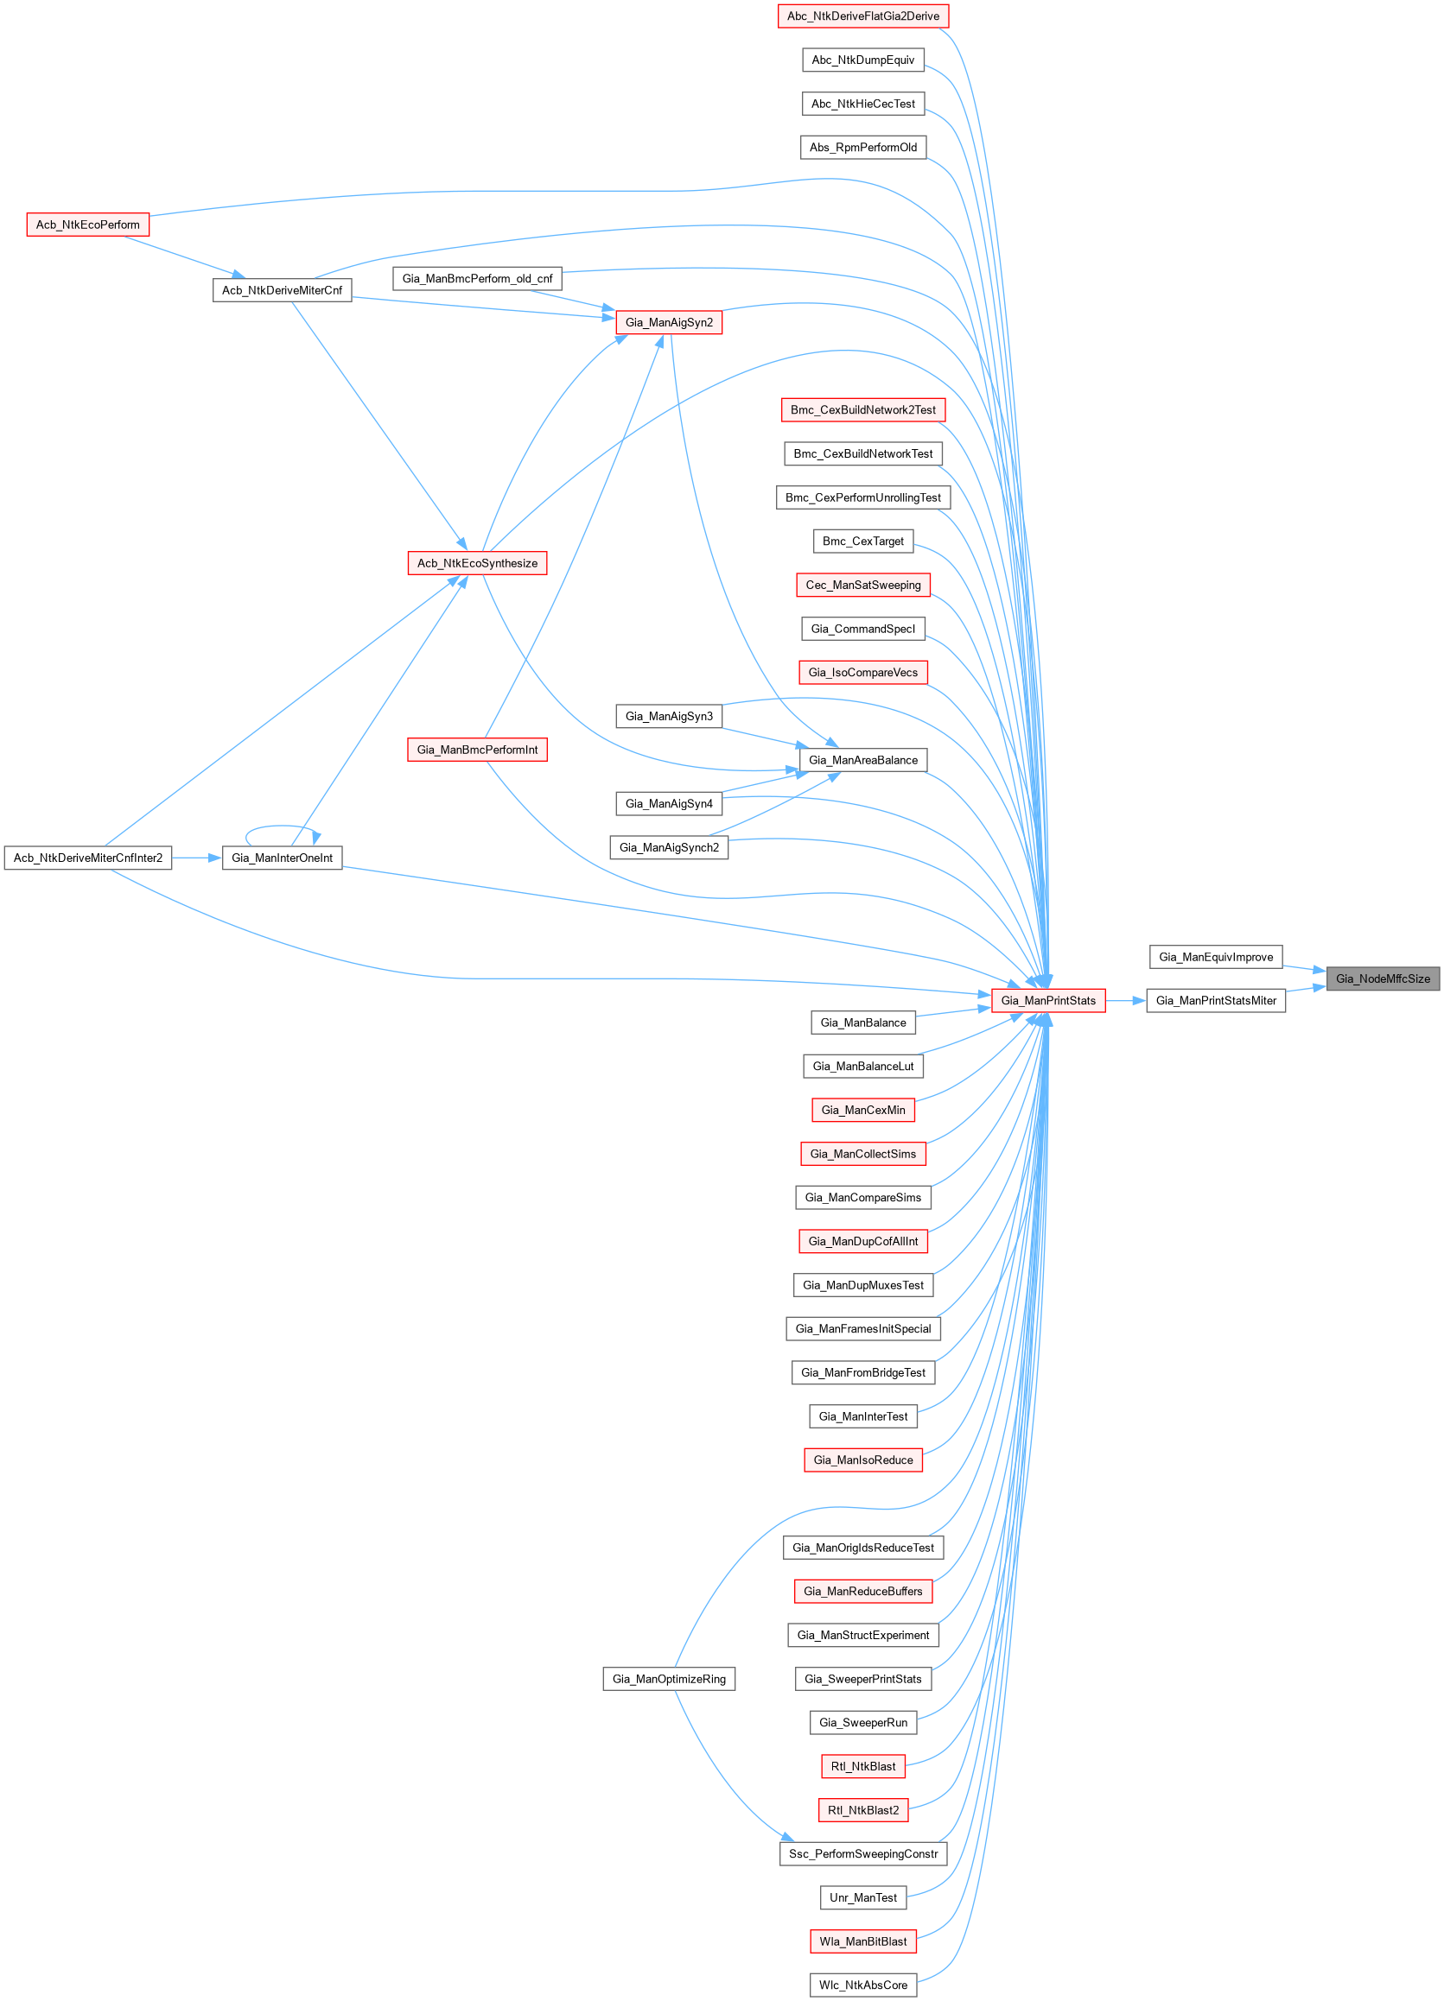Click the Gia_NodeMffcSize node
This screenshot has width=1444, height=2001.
(x=1383, y=978)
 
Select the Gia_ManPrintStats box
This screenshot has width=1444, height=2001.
(x=1047, y=1000)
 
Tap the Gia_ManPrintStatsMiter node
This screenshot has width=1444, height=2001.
(x=1215, y=1000)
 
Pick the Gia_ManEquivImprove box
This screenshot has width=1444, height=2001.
(x=1215, y=956)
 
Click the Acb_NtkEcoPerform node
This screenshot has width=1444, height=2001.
(x=87, y=225)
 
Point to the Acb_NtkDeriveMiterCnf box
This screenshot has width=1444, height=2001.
(x=282, y=290)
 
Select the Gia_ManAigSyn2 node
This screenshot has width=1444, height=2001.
(x=668, y=323)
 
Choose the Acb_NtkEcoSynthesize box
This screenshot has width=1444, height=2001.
(x=477, y=563)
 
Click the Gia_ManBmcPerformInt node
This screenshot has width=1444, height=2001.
(x=477, y=750)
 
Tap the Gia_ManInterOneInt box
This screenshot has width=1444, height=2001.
(x=282, y=858)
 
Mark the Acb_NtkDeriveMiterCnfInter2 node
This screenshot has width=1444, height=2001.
(x=87, y=858)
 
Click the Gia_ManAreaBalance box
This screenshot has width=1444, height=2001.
(x=862, y=760)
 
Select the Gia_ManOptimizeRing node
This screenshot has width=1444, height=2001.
(x=668, y=1679)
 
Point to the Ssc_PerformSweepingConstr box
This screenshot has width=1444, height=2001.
(x=862, y=1853)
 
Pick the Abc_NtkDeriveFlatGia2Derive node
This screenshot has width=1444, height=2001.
(x=862, y=16)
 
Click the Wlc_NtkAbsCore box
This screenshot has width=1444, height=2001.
(x=862, y=1985)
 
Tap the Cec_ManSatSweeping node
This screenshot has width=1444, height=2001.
(x=862, y=585)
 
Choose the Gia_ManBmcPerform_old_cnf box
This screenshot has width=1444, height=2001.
(x=477, y=279)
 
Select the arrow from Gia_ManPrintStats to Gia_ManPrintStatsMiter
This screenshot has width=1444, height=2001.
(x=1125, y=1000)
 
